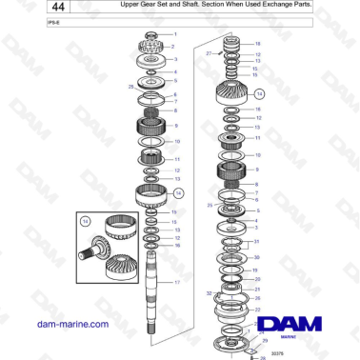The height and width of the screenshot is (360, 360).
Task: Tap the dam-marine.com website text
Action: (x=72, y=324)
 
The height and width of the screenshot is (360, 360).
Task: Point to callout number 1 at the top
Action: (x=174, y=34)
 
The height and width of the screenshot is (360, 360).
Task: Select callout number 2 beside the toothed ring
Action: (x=174, y=45)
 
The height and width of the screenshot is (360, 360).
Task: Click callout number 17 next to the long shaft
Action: (x=175, y=283)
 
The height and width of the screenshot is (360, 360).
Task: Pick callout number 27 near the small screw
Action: (x=208, y=54)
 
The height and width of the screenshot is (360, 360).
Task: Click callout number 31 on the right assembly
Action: (x=255, y=242)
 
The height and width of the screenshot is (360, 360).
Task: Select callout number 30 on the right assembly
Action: (x=255, y=257)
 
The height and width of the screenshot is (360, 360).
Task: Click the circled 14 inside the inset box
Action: (x=84, y=221)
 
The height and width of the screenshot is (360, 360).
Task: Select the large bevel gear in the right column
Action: (x=229, y=93)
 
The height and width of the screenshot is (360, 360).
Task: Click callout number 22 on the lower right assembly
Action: (x=255, y=297)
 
